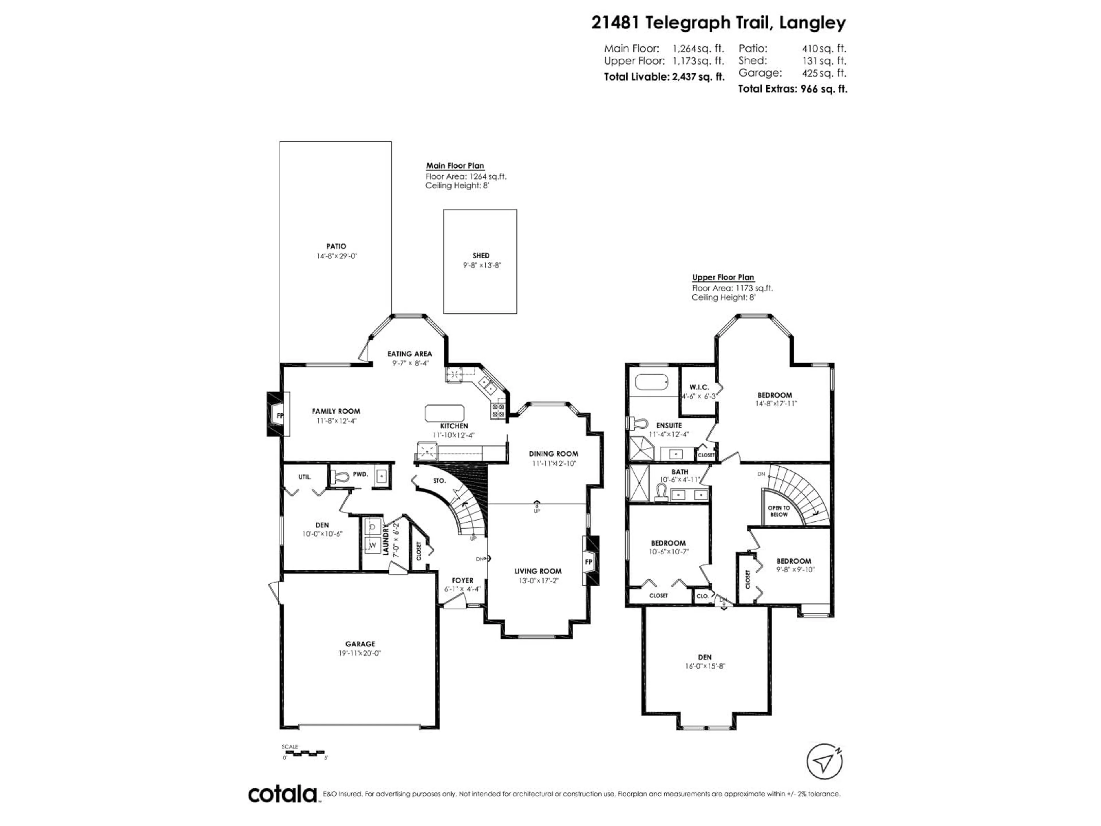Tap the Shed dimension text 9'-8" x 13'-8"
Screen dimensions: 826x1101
[x=481, y=265]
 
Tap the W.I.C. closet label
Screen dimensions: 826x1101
[x=699, y=387]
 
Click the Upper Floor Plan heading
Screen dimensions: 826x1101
[x=723, y=277]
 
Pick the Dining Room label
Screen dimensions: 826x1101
[x=553, y=453]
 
